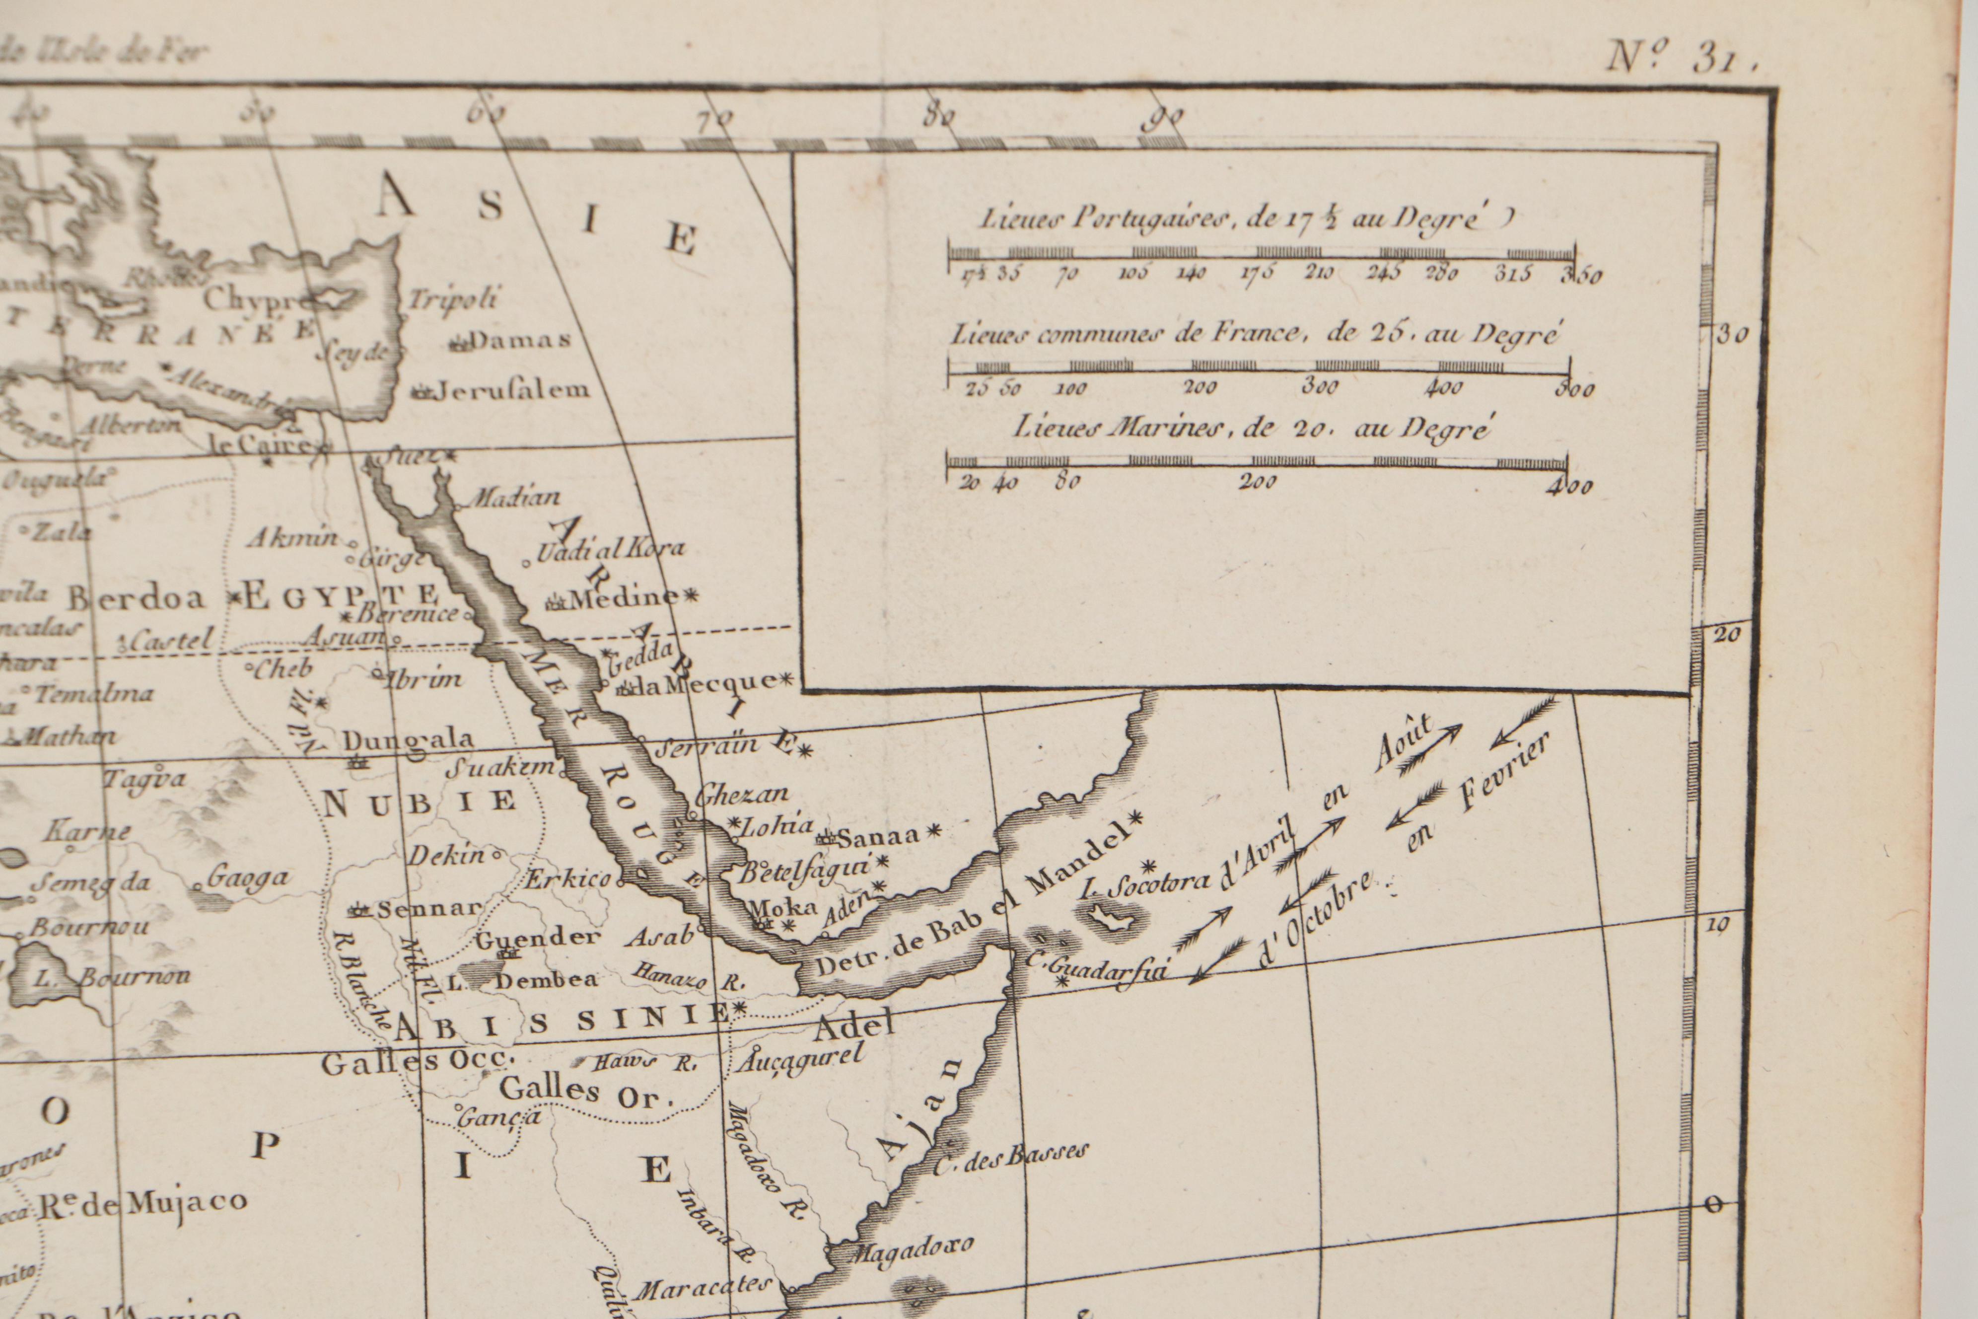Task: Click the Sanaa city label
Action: tap(879, 837)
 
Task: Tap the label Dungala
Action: tap(408, 740)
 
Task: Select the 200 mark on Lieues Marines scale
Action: tap(1259, 482)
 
